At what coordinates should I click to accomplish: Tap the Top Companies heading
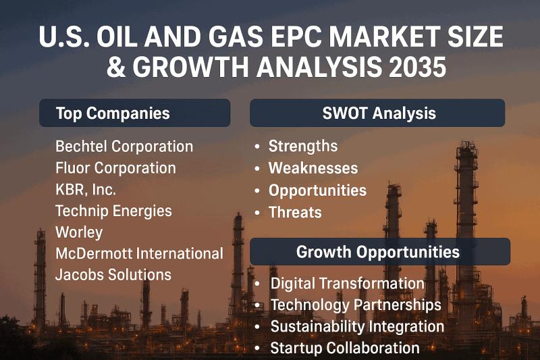[113, 113]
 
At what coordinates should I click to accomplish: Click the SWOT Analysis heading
[379, 113]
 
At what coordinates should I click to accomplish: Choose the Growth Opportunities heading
[378, 252]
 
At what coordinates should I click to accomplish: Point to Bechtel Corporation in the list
[124, 147]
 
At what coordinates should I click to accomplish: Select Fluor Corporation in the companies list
[115, 168]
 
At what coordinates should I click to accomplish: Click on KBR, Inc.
[86, 189]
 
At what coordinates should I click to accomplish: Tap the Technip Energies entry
[113, 211]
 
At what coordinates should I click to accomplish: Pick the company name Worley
[79, 232]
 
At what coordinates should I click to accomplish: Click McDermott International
[139, 254]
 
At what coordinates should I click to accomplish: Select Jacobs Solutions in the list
[113, 275]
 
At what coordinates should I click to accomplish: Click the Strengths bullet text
[303, 147]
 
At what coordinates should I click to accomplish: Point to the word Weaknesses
[313, 168]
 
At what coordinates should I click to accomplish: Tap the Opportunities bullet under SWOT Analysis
[317, 190]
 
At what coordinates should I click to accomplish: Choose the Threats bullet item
[295, 212]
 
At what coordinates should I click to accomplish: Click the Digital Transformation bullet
[347, 284]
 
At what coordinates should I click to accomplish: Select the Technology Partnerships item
[356, 305]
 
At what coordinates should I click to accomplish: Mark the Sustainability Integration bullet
[357, 327]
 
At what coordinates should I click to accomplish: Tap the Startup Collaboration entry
[345, 349]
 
